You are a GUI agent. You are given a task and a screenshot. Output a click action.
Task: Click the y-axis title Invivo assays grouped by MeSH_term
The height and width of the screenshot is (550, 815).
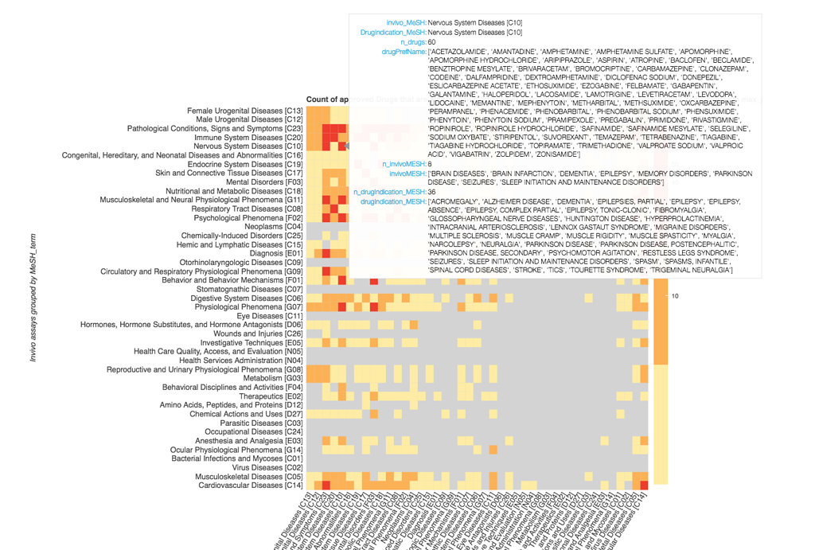(33, 298)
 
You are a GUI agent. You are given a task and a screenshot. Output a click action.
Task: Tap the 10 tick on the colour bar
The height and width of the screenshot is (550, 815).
(675, 296)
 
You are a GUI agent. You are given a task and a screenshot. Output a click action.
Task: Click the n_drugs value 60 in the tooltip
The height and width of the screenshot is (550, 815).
(431, 41)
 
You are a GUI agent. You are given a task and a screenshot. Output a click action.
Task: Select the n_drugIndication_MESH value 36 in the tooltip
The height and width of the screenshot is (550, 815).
(431, 192)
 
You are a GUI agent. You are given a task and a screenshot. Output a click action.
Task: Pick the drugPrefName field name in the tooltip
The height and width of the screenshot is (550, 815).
(404, 51)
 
